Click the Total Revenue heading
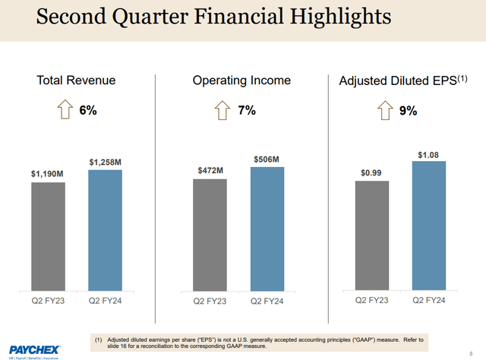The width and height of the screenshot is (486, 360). pyautogui.click(x=77, y=81)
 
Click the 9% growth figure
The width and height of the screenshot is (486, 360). pyautogui.click(x=409, y=111)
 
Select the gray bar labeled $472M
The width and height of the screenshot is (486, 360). pyautogui.click(x=210, y=235)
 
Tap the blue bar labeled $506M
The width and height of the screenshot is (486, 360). pyautogui.click(x=267, y=229)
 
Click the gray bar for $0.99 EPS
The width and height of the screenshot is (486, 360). pyautogui.click(x=372, y=235)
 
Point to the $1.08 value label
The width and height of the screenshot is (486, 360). pyautogui.click(x=428, y=155)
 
